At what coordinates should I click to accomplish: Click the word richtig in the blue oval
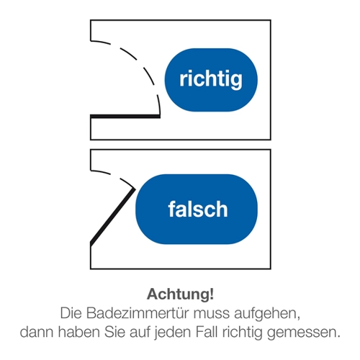click(211, 80)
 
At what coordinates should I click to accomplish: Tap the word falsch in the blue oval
click(198, 209)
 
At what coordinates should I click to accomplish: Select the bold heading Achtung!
click(180, 294)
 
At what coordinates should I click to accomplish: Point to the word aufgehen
click(267, 314)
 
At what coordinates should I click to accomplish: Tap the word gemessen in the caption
click(304, 333)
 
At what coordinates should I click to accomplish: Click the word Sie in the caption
click(114, 332)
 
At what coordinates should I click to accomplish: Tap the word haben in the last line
click(78, 332)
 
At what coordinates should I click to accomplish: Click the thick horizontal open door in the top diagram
click(125, 117)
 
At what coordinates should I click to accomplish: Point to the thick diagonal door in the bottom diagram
click(113, 217)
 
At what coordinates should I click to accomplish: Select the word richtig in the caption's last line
click(242, 333)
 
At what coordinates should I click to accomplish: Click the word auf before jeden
click(140, 332)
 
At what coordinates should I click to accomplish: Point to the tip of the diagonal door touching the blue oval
click(135, 189)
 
